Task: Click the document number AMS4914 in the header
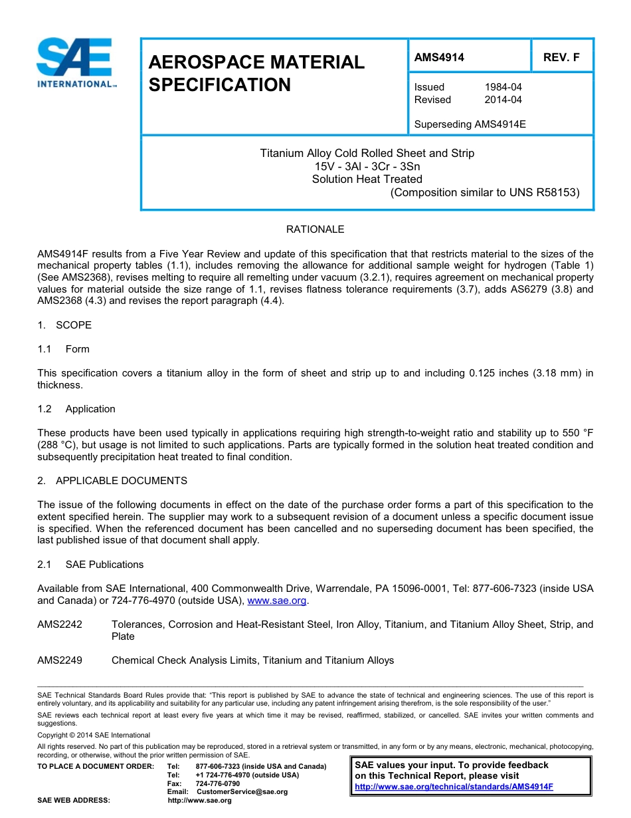coord(439,57)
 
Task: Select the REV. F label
coord(561,57)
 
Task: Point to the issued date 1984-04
coord(503,87)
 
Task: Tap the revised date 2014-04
coord(503,100)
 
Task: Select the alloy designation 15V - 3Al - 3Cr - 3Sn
coord(367,166)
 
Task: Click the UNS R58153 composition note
coord(485,193)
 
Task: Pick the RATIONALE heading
coord(315,229)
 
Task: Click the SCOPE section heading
coord(73,325)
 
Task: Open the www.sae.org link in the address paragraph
coord(276,601)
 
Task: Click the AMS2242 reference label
coord(60,624)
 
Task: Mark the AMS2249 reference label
coord(60,660)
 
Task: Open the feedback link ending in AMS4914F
coord(454,787)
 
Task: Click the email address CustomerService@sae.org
coord(242,792)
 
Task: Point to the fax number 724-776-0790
coord(218,783)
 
